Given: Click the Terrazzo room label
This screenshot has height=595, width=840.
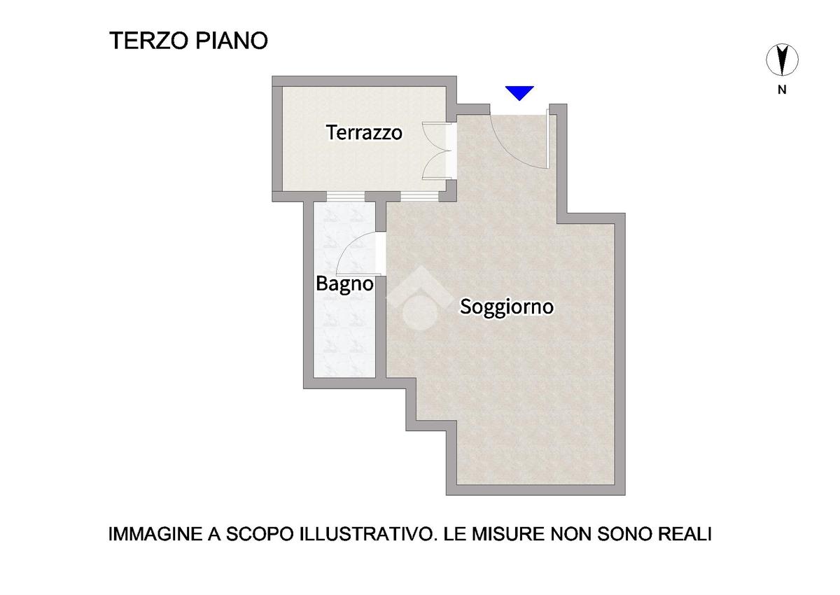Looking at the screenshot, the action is tap(364, 132).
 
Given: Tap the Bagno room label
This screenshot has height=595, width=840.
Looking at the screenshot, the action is tap(344, 283).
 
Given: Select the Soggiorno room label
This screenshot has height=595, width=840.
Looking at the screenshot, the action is tap(507, 307).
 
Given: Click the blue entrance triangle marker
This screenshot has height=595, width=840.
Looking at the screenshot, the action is tap(519, 93).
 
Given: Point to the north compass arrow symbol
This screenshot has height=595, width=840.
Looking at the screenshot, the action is tap(782, 60).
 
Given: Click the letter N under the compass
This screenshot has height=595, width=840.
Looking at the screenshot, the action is tap(782, 90).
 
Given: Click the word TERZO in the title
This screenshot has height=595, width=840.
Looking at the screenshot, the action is tap(148, 41).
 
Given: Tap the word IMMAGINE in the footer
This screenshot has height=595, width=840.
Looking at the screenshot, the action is tap(155, 534).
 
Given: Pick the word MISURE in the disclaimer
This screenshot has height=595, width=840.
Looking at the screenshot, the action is tap(507, 534).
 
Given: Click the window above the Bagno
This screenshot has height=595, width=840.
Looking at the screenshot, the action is tap(345, 197).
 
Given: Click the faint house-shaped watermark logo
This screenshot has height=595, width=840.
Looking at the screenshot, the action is tap(420, 298).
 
